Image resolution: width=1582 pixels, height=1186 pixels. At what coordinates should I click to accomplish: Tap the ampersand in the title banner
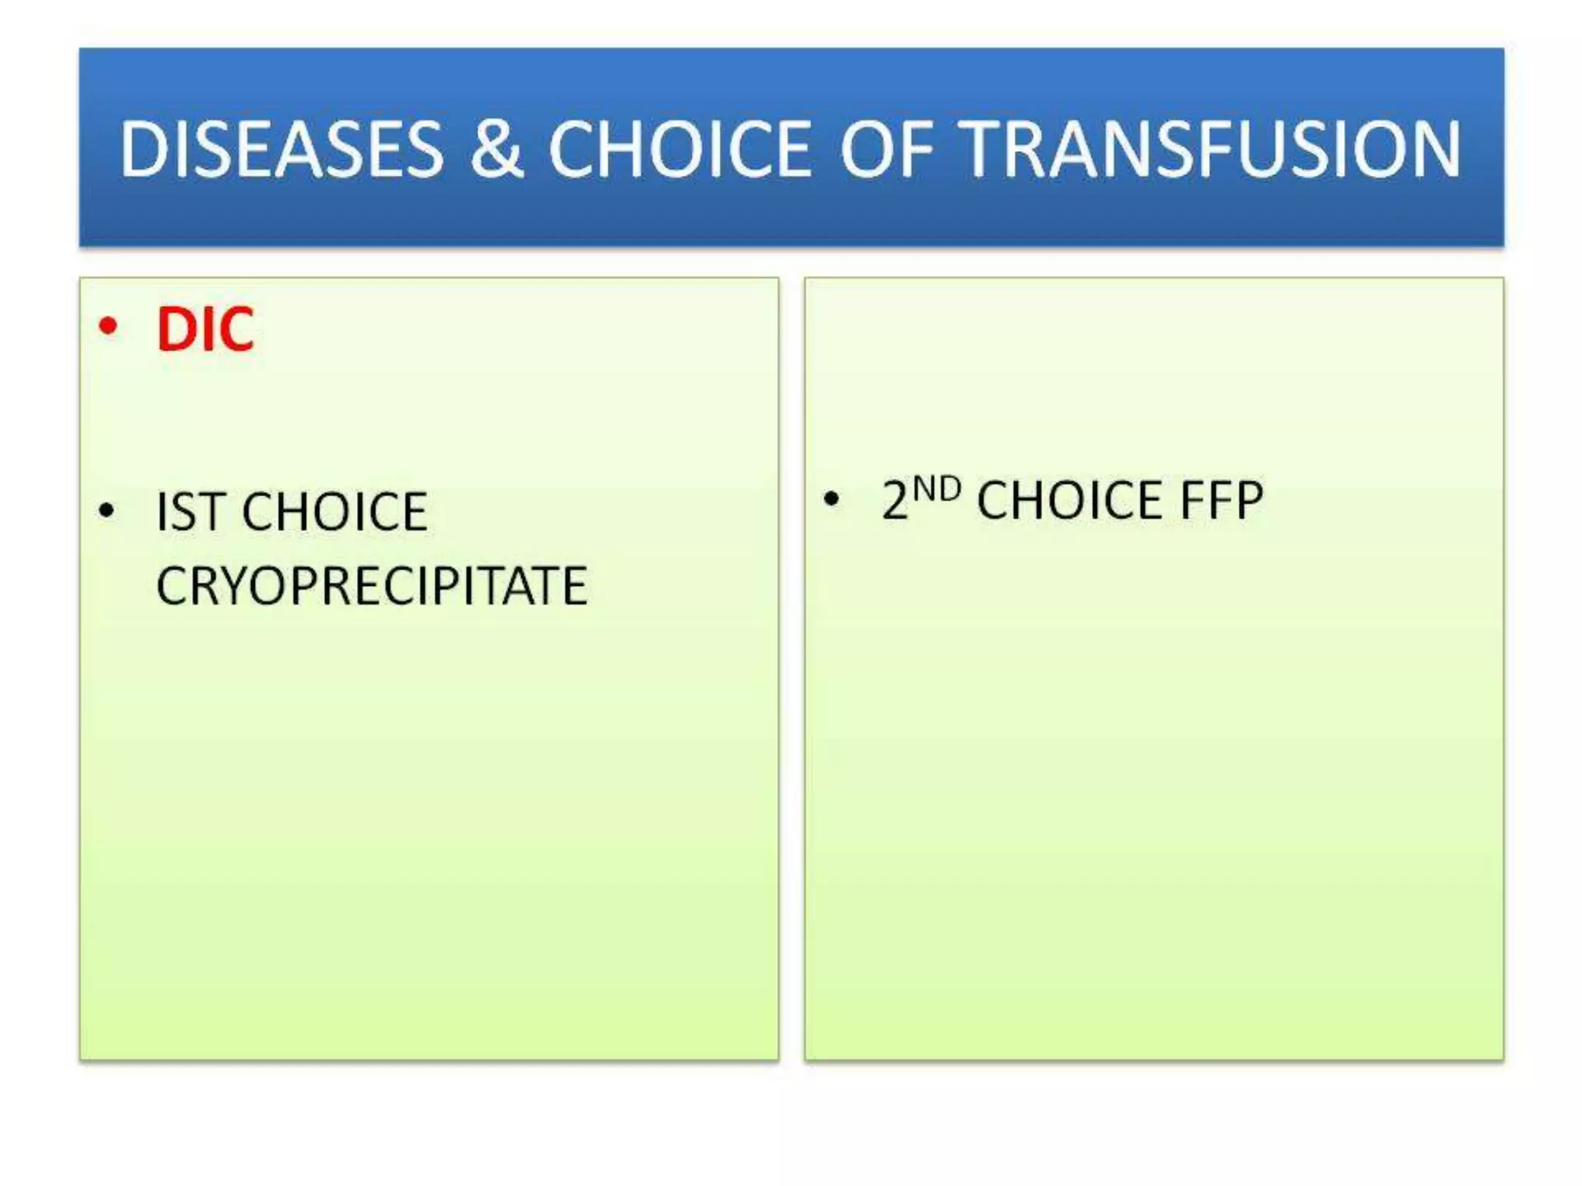tap(496, 149)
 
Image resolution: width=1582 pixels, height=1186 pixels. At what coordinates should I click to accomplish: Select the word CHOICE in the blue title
tap(680, 149)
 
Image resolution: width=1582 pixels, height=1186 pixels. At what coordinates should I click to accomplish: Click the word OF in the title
tap(887, 149)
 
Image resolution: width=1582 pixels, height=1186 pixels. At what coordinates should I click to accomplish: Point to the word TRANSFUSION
tap(1213, 149)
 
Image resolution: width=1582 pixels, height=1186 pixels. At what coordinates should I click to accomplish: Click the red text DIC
tap(205, 330)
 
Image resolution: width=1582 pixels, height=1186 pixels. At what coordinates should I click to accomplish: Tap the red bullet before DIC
tap(108, 327)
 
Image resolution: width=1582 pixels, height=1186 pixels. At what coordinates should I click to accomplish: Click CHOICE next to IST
tap(334, 512)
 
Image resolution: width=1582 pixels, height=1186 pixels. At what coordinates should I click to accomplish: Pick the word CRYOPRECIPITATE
tap(372, 586)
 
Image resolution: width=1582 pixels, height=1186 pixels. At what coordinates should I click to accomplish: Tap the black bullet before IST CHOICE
tap(107, 510)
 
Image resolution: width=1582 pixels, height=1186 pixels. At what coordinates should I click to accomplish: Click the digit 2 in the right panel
tap(895, 500)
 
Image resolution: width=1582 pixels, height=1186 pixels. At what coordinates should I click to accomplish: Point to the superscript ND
tap(936, 490)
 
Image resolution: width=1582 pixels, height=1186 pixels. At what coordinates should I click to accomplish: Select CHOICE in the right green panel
tap(1070, 500)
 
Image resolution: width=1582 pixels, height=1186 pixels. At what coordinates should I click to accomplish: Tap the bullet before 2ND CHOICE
tap(831, 499)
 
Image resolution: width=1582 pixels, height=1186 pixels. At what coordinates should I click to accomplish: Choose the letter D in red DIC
tap(176, 330)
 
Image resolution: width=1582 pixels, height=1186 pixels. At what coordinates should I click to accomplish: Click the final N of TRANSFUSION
tap(1432, 149)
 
